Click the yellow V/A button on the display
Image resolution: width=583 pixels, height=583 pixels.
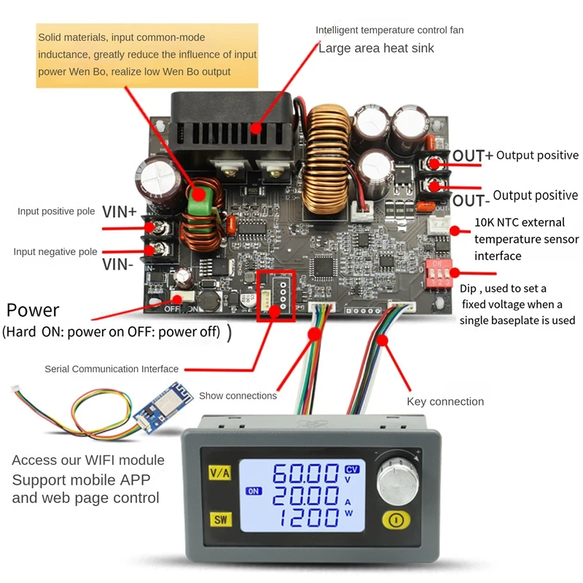pos(219,472)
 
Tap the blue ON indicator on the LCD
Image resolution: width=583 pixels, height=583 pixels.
pos(254,490)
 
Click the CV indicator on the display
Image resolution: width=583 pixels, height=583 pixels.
pos(352,469)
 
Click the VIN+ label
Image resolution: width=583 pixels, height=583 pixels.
pos(119,212)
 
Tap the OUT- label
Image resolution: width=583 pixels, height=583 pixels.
pos(468,200)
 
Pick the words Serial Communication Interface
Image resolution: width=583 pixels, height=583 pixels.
pos(111,369)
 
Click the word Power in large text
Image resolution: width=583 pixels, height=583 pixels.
pos(33,310)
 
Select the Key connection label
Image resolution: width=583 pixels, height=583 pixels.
pos(445,402)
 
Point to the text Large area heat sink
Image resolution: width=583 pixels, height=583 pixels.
pos(376,48)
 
